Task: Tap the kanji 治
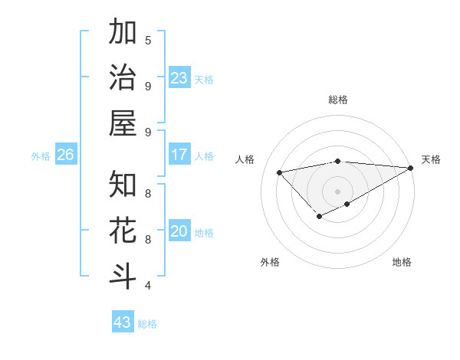[123, 78]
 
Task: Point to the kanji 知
[123, 185]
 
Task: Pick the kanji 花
[123, 231]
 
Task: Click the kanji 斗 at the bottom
[123, 277]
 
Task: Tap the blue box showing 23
[179, 78]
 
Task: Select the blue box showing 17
[179, 155]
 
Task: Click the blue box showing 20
[179, 231]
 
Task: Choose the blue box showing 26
[66, 155]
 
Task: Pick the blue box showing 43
[123, 322]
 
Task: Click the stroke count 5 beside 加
[148, 40]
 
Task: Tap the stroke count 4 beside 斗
[148, 286]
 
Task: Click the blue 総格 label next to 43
[148, 324]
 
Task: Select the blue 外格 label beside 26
[41, 156]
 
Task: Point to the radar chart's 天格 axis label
[431, 159]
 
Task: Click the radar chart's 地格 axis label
[402, 262]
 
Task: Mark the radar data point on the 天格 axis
[411, 168]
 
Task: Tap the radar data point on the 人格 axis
[280, 172]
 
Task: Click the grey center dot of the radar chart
[337, 191]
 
